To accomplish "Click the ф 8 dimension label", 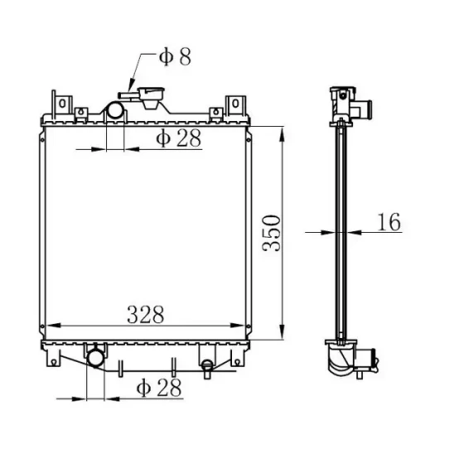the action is [x=175, y=56].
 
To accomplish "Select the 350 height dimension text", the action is [x=272, y=233].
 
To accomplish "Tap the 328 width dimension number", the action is [x=145, y=314].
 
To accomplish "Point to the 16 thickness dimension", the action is [x=389, y=222].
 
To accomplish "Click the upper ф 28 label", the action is [x=178, y=138].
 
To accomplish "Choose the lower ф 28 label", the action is [x=159, y=388].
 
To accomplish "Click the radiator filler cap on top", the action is [x=151, y=97].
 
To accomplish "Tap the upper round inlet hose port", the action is [x=115, y=110].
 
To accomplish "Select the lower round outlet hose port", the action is [x=95, y=358].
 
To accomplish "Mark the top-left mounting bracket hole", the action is [x=62, y=104].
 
